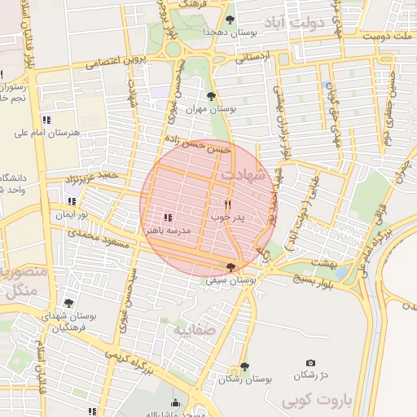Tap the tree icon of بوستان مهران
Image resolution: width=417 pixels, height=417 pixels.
point(212,96)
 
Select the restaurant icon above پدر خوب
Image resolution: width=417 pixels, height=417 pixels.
point(227,205)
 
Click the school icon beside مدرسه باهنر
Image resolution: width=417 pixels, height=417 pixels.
point(167,217)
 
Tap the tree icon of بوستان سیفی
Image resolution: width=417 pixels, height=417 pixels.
point(231,267)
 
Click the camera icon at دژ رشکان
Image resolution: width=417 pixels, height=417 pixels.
point(309,363)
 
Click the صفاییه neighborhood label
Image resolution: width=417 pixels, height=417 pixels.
point(194,331)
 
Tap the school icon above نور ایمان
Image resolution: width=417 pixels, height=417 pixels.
point(72,201)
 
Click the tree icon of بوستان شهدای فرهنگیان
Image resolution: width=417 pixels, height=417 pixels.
point(68,303)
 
